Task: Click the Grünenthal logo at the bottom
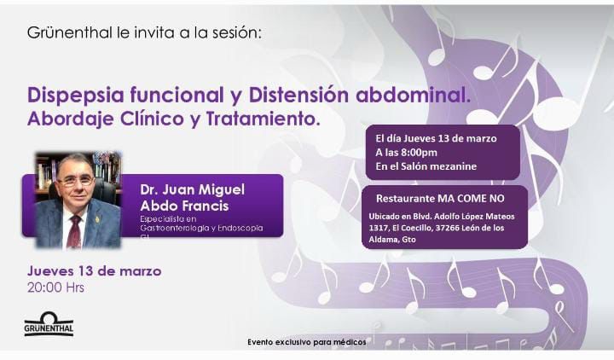49,323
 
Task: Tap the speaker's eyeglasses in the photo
76,182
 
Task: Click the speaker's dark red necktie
74,231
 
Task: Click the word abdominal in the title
414,96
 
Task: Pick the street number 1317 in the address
378,228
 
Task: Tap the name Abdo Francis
184,206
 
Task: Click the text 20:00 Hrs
55,288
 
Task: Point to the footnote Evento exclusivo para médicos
307,342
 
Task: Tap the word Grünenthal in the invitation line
70,32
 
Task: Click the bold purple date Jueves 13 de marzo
95,271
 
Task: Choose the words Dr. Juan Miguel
192,190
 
